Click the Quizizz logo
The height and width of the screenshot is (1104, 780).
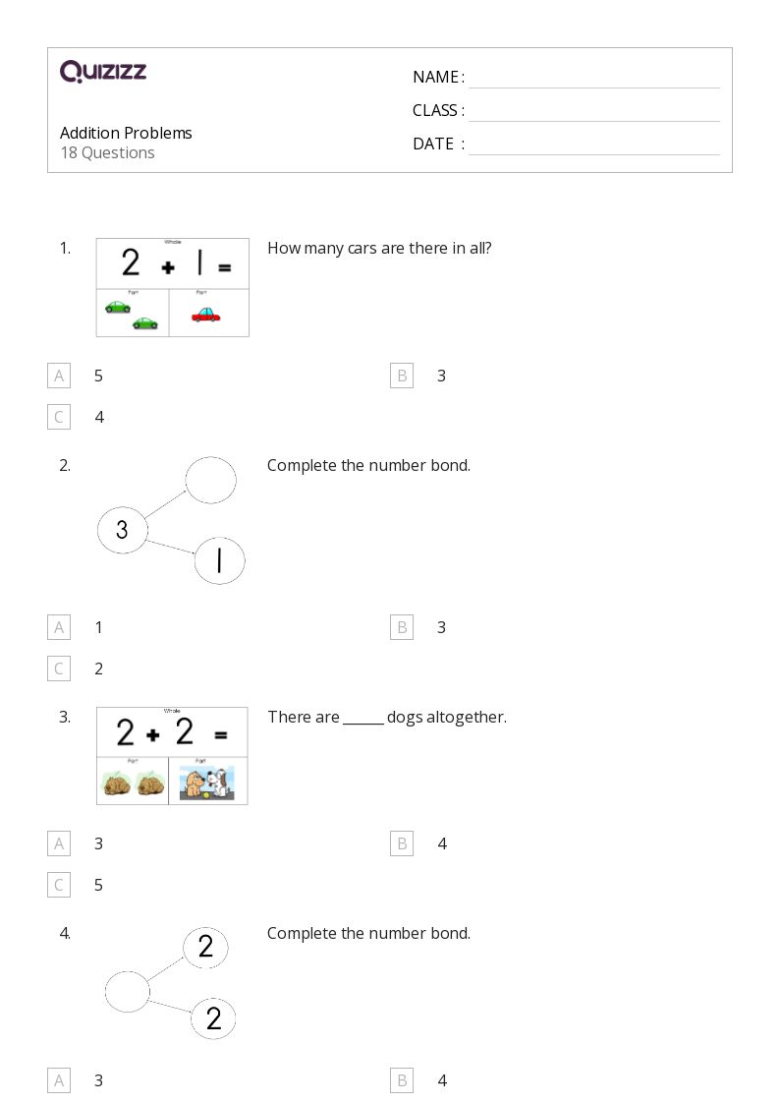point(103,72)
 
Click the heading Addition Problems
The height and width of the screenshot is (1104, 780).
point(126,133)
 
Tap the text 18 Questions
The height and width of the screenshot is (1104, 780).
point(107,152)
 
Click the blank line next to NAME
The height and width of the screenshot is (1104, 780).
point(593,79)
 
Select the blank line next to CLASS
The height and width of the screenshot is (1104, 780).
point(593,112)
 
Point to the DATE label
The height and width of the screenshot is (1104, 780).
point(433,144)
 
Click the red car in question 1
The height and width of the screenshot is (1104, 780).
point(205,314)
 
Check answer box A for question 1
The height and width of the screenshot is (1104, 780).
point(59,376)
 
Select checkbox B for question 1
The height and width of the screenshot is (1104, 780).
point(402,376)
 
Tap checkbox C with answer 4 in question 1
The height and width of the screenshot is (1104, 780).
point(59,417)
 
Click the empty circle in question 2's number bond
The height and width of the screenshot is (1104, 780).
point(210,481)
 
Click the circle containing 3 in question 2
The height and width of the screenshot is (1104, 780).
point(122,531)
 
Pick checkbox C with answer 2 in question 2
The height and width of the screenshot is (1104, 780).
point(59,668)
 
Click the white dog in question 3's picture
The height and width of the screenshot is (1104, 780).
point(222,783)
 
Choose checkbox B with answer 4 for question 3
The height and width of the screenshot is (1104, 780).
point(402,843)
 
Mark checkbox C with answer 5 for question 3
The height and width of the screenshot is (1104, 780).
point(59,885)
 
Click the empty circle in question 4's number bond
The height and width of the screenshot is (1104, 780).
point(128,991)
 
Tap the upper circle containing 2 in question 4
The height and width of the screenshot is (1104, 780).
point(205,947)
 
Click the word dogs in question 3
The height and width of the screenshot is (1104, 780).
point(405,718)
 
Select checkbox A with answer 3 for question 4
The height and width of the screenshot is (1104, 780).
point(59,1081)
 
